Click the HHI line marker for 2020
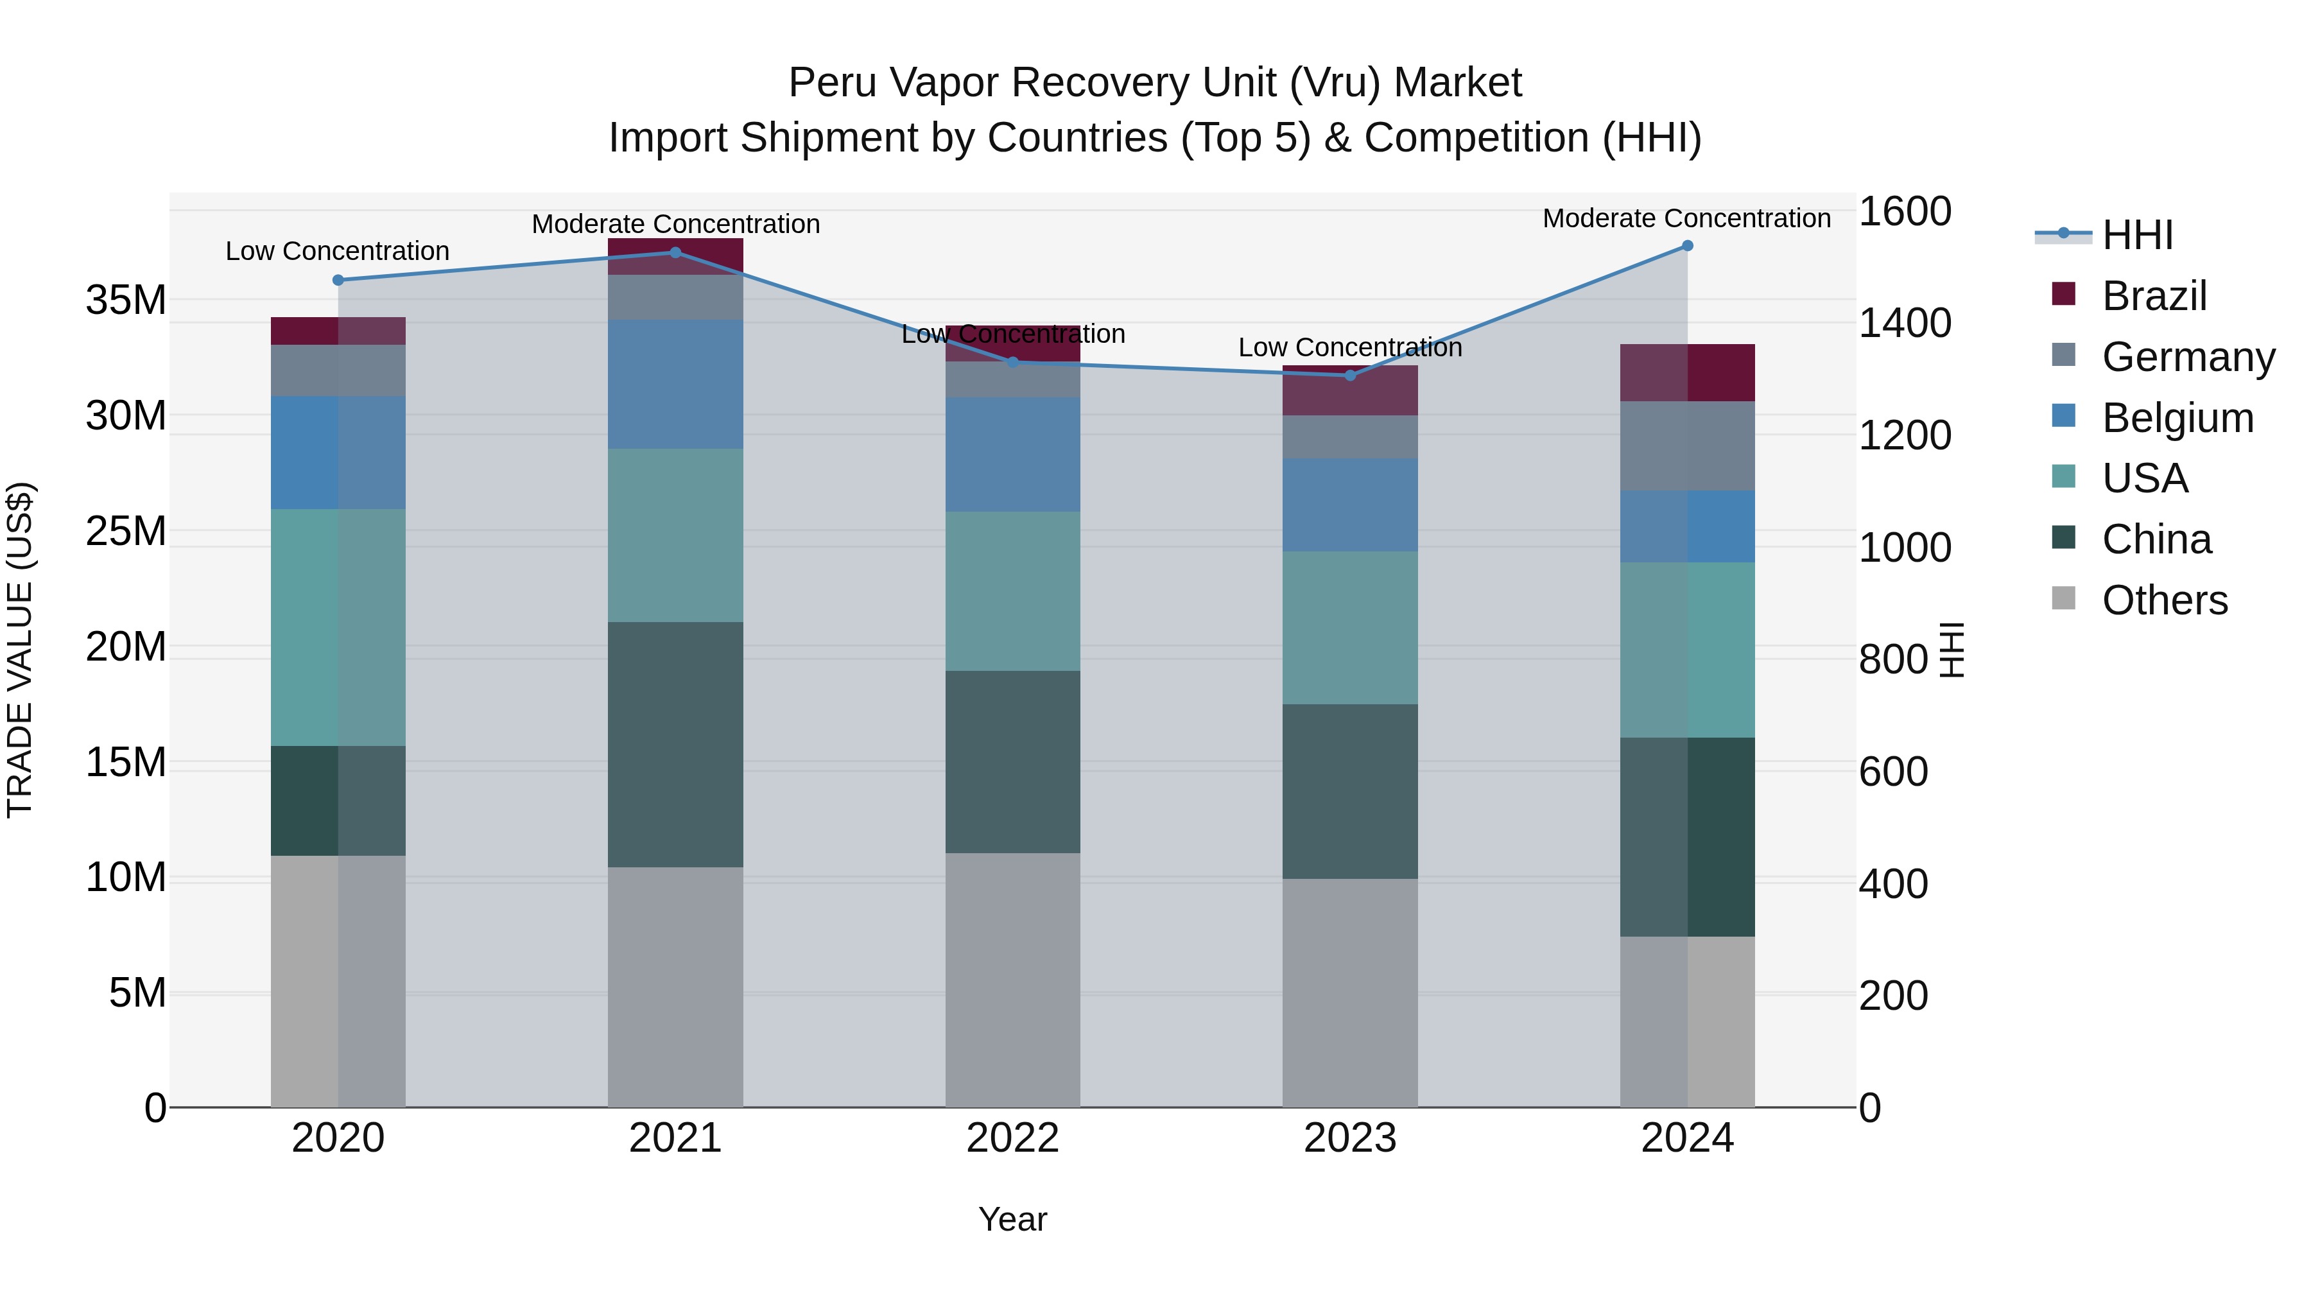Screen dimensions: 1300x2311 338,280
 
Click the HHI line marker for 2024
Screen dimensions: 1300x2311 1688,246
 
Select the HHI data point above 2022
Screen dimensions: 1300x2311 1013,363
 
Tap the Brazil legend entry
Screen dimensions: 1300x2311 2153,296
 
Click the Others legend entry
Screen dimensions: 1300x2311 2164,600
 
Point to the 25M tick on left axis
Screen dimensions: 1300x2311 126,531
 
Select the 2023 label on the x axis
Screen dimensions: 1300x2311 1349,1138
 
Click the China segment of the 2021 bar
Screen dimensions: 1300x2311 675,745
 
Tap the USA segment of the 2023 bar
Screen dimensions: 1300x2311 1349,628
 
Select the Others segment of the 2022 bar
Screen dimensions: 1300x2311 1013,980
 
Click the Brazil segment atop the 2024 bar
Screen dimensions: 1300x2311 1688,372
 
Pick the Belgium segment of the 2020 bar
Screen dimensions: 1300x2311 338,452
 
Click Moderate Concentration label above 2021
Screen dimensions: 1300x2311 675,223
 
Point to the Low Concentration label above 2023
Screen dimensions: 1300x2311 1349,347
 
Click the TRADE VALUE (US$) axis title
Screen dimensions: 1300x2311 20,650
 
